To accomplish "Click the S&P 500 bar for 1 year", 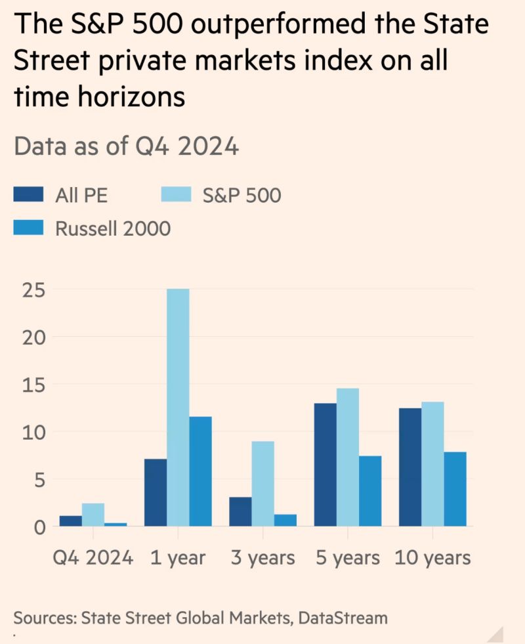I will click(x=178, y=407).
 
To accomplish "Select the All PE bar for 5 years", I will click(x=325, y=465).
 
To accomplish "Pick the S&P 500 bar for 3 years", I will click(x=263, y=484).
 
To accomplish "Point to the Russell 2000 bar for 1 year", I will click(x=200, y=471).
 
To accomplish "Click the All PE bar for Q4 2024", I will click(x=70, y=521).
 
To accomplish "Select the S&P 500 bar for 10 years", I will click(x=432, y=464).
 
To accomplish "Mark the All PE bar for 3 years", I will click(x=241, y=512).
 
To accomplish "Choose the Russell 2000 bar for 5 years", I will click(x=370, y=491).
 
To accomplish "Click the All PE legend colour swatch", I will click(x=29, y=194).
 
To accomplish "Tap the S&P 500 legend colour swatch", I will click(x=175, y=194).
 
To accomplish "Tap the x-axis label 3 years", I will click(x=262, y=559).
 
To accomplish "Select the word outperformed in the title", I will click(x=262, y=25).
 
